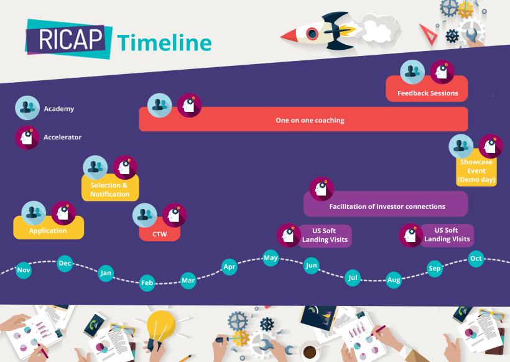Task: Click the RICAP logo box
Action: pyautogui.click(x=68, y=39)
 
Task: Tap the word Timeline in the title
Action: pyautogui.click(x=165, y=43)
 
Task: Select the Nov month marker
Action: pyautogui.click(x=24, y=270)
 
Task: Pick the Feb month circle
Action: pyautogui.click(x=147, y=282)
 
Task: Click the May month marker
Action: pyautogui.click(x=271, y=258)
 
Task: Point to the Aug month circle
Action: pyautogui.click(x=394, y=280)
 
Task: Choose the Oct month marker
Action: pyautogui.click(x=476, y=259)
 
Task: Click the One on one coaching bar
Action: pyautogui.click(x=304, y=119)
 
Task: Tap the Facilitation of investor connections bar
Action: pyautogui.click(x=386, y=204)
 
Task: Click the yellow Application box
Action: pyautogui.click(x=49, y=228)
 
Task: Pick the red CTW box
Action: pyautogui.click(x=159, y=230)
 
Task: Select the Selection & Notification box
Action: pyautogui.click(x=110, y=188)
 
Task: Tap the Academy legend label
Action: pyautogui.click(x=59, y=109)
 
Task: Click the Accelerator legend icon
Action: pyautogui.click(x=27, y=137)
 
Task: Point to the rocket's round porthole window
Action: pyautogui.click(x=312, y=33)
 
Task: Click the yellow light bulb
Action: pyautogui.click(x=160, y=325)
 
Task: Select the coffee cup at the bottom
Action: pyautogui.click(x=309, y=351)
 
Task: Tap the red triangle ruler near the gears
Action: pyautogui.click(x=429, y=34)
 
